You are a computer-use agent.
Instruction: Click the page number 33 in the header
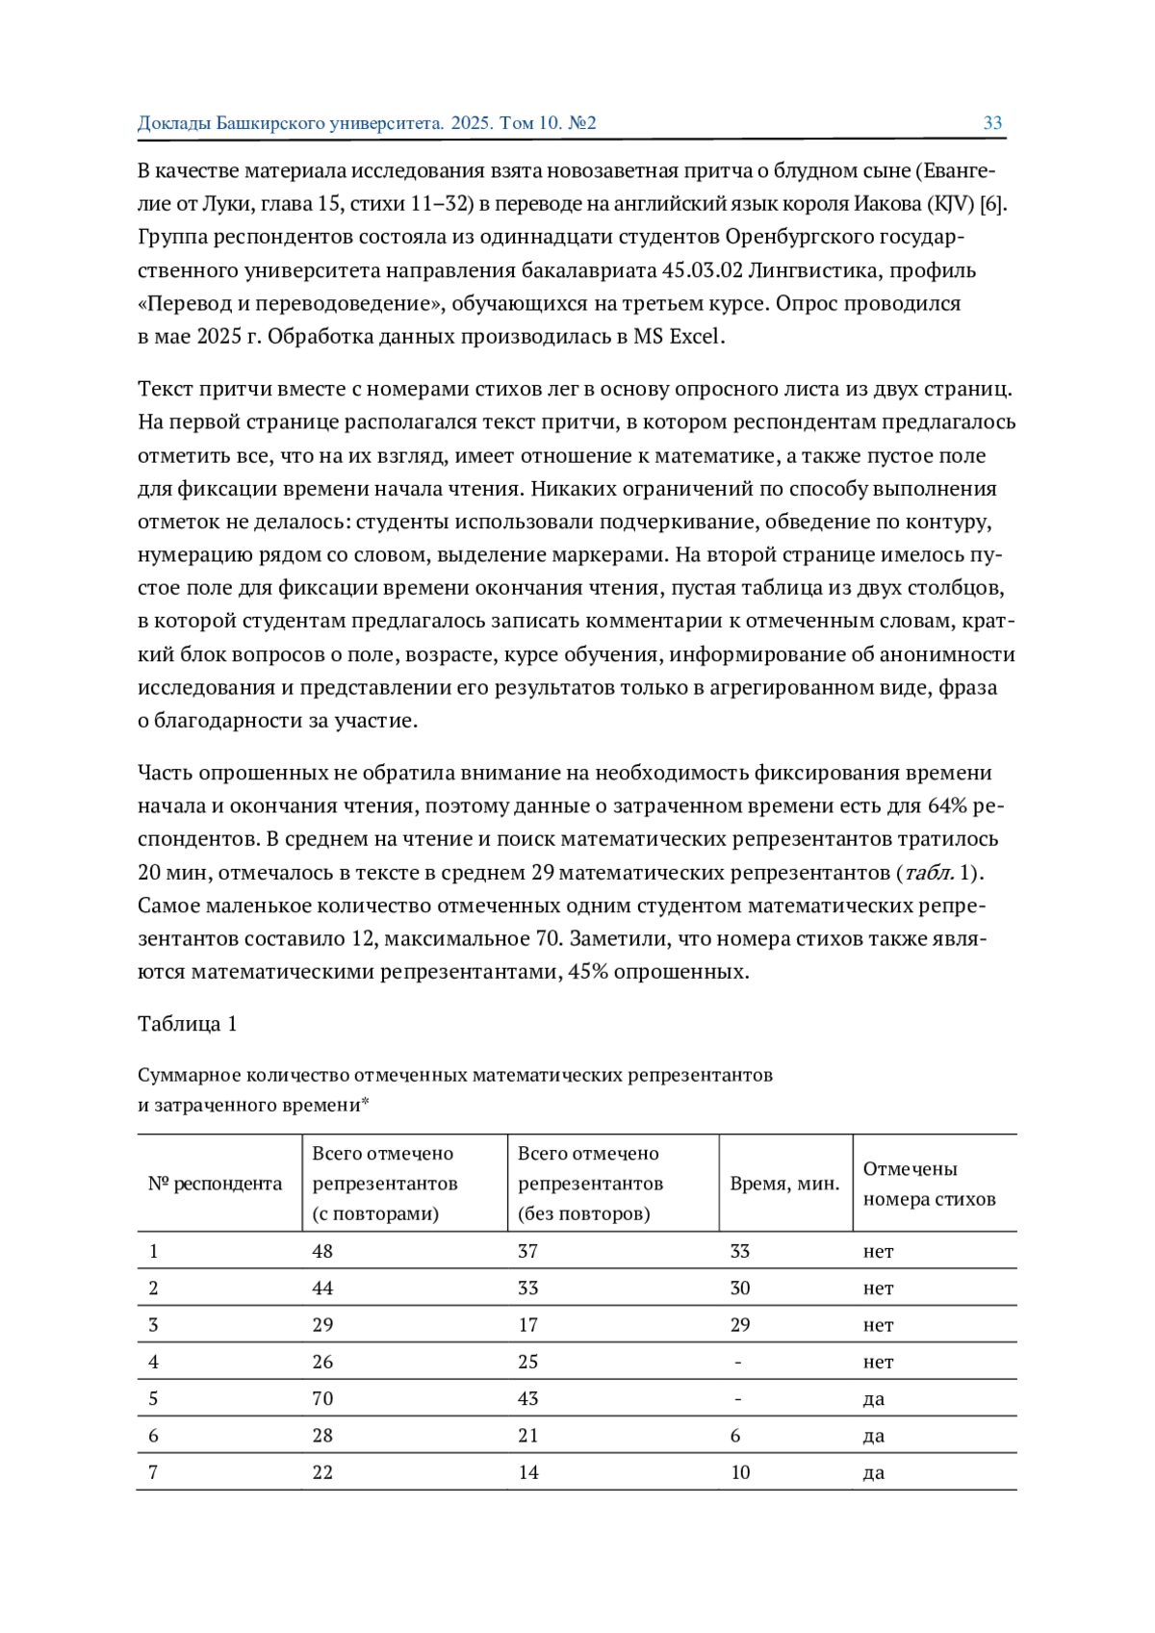point(992,123)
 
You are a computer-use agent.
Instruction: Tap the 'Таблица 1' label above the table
point(187,1023)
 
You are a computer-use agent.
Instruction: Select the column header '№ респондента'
point(215,1183)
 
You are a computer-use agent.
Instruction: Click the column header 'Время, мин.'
point(784,1183)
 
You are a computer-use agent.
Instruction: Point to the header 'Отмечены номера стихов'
point(929,1184)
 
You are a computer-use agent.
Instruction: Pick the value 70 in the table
point(322,1398)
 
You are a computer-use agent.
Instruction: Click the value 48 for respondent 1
point(322,1251)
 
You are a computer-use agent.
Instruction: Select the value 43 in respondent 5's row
point(528,1398)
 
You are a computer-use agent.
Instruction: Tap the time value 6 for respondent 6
point(735,1436)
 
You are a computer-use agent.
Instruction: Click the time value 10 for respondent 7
point(740,1472)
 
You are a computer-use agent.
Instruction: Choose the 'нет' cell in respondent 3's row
point(878,1325)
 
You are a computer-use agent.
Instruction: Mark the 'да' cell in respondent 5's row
point(873,1398)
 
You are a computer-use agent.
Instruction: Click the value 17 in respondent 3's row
point(528,1325)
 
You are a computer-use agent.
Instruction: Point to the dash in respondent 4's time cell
point(737,1362)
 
